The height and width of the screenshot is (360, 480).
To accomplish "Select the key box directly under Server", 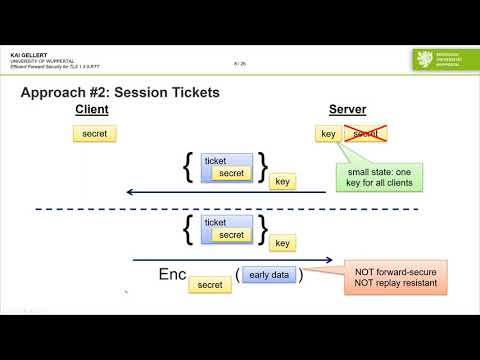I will click(326, 133).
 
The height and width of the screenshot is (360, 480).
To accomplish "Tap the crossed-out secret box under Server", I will click(365, 133).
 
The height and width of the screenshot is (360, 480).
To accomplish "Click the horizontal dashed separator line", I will click(240, 209).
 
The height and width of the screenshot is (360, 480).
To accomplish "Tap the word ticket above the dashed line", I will click(215, 160).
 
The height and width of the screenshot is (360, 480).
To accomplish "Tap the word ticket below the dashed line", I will click(215, 223).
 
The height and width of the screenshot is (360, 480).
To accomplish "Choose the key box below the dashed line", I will click(283, 243).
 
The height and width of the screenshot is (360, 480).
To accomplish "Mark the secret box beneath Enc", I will click(211, 285).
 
